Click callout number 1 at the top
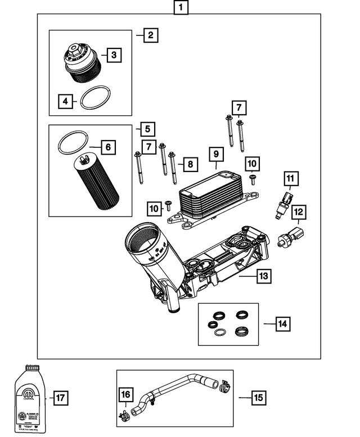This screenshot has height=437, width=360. point(180,8)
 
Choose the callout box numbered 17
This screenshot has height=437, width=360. point(60,398)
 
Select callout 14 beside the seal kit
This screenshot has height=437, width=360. point(283,323)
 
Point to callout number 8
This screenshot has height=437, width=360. point(190,164)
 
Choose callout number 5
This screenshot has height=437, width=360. point(147,129)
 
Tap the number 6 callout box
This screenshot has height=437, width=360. point(108,147)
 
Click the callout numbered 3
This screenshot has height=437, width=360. point(114,55)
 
